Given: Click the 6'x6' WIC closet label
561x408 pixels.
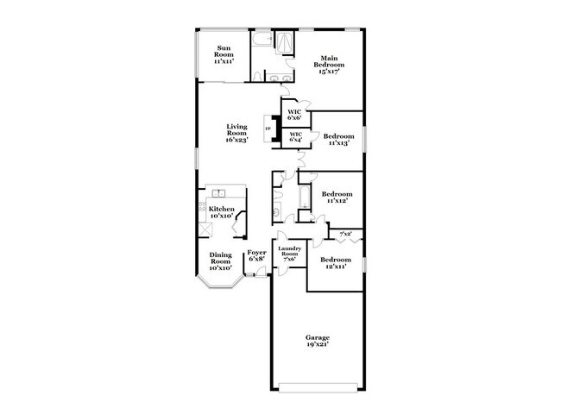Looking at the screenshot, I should click(x=294, y=113).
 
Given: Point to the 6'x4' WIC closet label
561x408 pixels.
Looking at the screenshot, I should click(x=295, y=136).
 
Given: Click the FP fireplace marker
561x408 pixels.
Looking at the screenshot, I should click(x=268, y=129).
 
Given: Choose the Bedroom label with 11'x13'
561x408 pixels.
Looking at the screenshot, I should click(x=338, y=136).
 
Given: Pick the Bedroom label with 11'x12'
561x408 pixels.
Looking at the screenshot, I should click(x=337, y=195).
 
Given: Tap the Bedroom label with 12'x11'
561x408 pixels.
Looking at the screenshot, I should click(x=335, y=260).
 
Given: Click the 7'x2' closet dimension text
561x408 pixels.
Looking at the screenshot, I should click(x=344, y=234).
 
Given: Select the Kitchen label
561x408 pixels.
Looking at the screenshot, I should click(x=221, y=209).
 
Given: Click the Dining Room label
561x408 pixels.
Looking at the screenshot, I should click(x=221, y=258).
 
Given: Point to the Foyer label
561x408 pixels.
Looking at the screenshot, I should click(x=257, y=253).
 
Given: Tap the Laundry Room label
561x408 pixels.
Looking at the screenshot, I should click(x=288, y=251).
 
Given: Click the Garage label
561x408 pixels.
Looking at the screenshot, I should click(x=318, y=337).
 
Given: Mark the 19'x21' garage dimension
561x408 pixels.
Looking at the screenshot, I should click(x=318, y=344).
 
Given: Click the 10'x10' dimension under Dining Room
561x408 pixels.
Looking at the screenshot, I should click(x=221, y=268).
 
